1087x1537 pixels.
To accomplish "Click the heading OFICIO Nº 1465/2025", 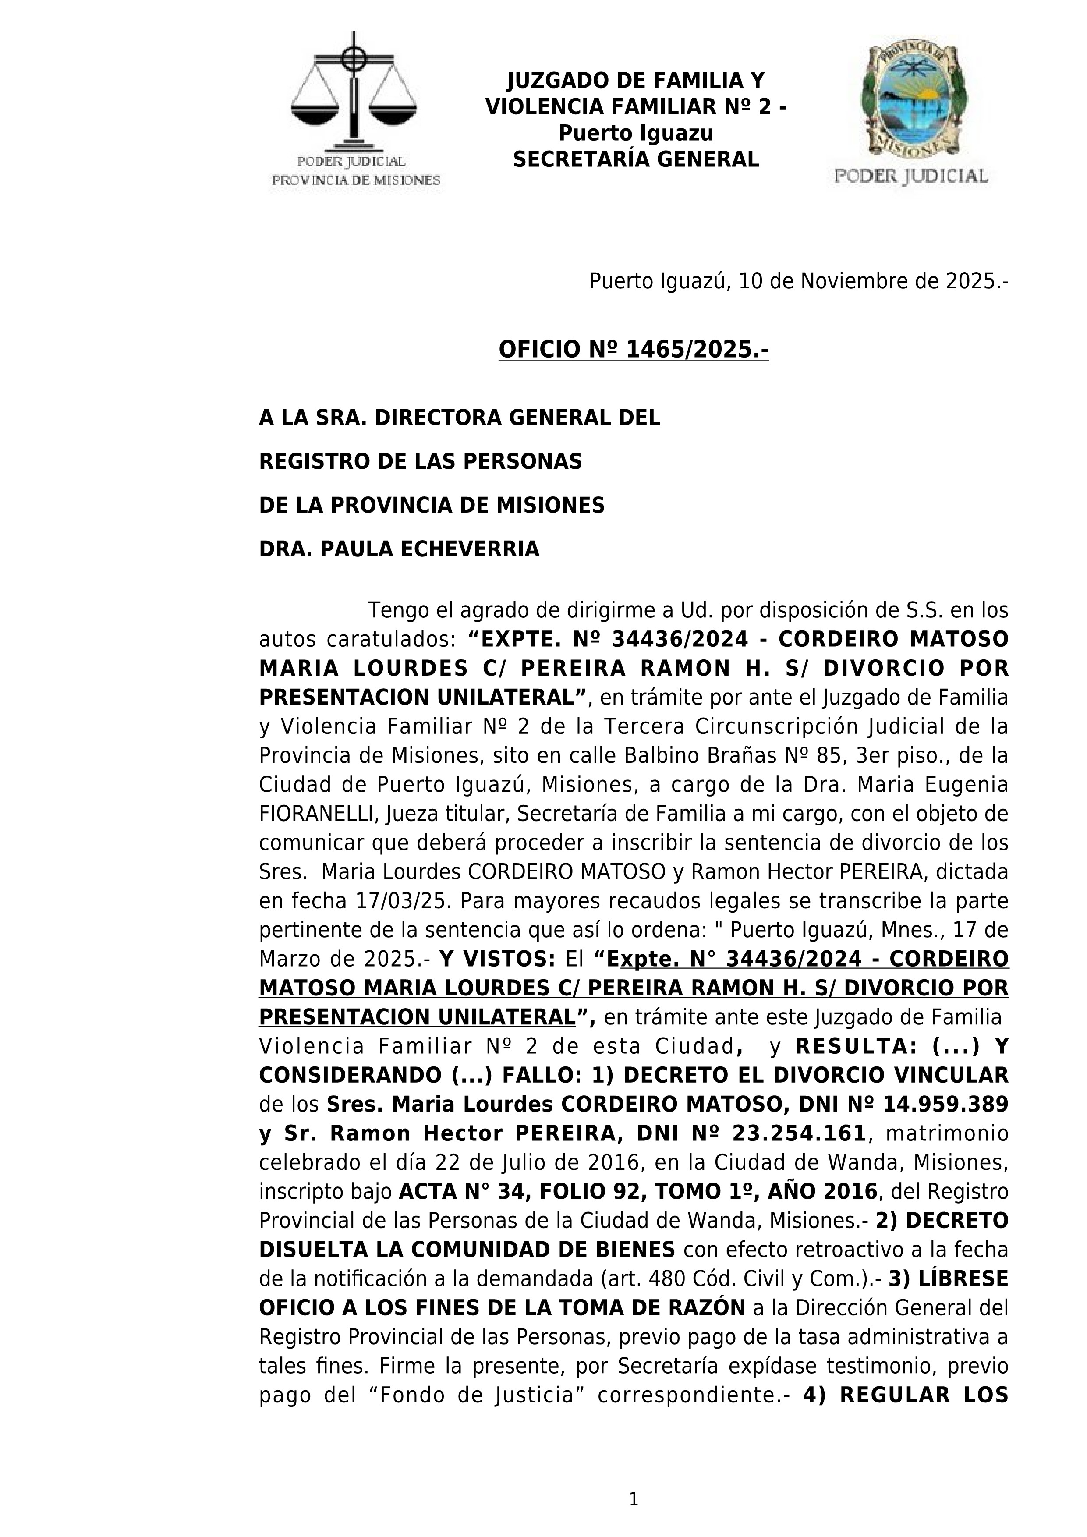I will pyautogui.click(x=633, y=350).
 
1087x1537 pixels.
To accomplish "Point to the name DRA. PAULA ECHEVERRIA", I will pyautogui.click(x=399, y=549).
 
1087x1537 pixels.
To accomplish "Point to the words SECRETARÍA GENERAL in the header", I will pyautogui.click(x=636, y=159).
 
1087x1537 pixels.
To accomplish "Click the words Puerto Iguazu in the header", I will pyautogui.click(x=636, y=133).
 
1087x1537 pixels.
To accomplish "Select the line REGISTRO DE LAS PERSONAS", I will pyautogui.click(x=420, y=461).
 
